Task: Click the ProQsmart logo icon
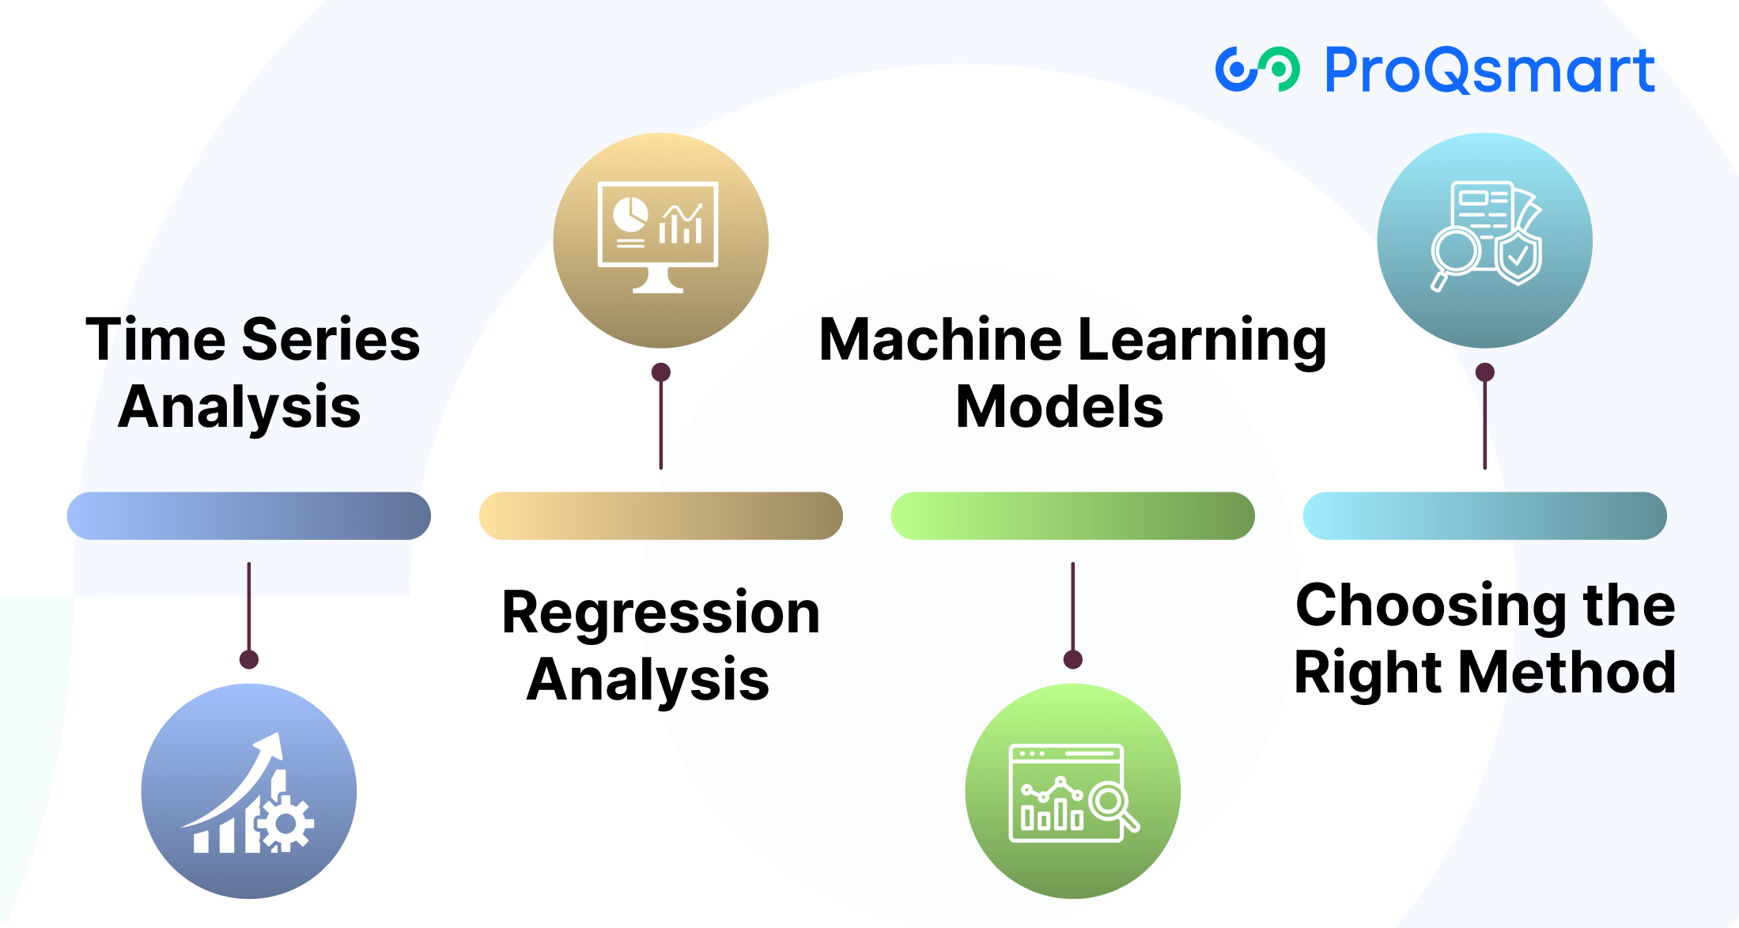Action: point(1257,70)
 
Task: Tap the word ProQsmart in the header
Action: point(1489,70)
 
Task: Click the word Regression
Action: point(660,613)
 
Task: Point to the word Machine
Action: point(941,340)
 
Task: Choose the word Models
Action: point(1059,408)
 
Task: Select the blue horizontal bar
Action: point(248,516)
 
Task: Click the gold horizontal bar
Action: point(660,516)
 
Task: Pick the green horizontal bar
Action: point(1072,516)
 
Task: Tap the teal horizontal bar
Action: point(1484,516)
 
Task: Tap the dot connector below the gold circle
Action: point(661,372)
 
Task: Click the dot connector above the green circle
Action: point(1072,659)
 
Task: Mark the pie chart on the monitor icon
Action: point(630,213)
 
